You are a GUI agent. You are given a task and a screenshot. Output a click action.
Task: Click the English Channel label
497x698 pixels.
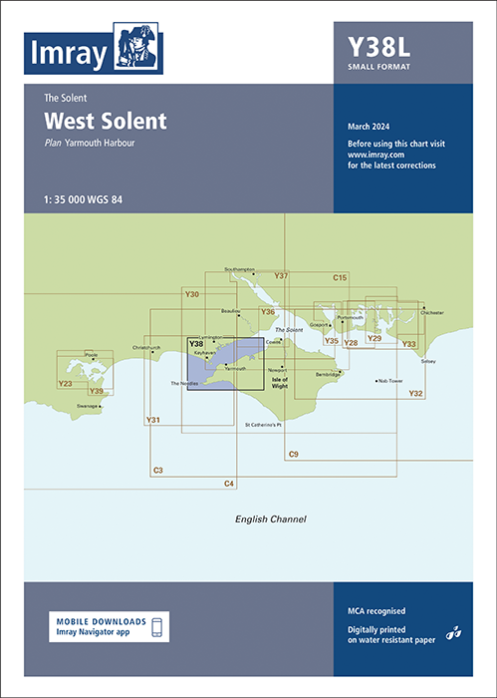click(270, 520)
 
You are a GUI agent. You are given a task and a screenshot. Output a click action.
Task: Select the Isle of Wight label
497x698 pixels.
click(279, 382)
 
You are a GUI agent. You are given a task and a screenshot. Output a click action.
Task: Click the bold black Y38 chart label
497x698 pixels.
click(196, 345)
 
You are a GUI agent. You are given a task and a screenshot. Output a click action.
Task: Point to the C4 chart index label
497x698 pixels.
click(229, 484)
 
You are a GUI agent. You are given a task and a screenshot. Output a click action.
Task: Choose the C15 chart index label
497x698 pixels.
click(340, 277)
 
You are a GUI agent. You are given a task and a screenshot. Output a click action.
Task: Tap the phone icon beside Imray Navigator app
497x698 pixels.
click(156, 626)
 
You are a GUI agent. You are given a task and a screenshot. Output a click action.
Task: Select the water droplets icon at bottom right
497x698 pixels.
click(453, 631)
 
